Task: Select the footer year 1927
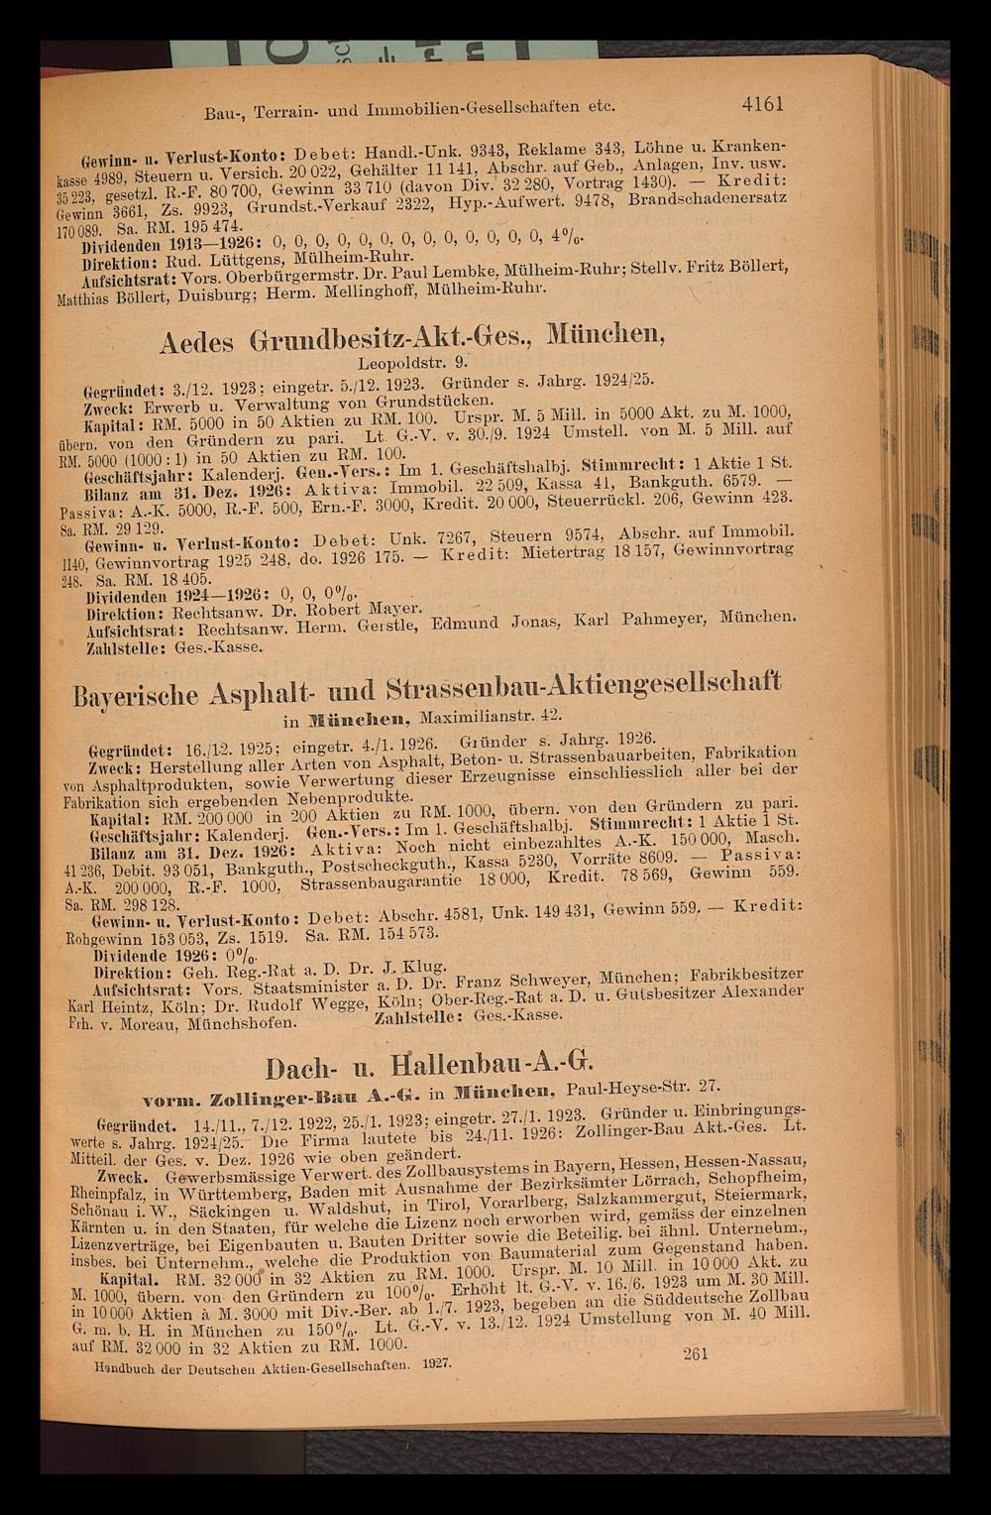coord(437,1364)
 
